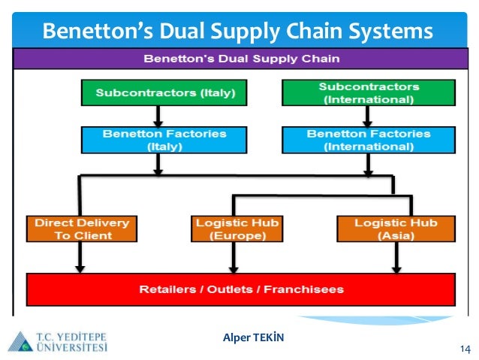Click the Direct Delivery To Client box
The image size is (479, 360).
pyautogui.click(x=82, y=228)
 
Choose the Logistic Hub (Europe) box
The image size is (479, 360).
pyautogui.click(x=236, y=228)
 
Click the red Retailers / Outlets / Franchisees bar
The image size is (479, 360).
pyautogui.click(x=241, y=289)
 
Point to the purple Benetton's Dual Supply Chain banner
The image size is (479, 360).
pyautogui.click(x=241, y=58)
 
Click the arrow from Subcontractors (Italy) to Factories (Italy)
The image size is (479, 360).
pyautogui.click(x=158, y=115)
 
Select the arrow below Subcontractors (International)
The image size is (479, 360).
pyautogui.click(x=367, y=115)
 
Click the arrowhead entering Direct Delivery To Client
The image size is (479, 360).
pyautogui.click(x=79, y=210)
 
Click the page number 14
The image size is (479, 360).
pyautogui.click(x=464, y=349)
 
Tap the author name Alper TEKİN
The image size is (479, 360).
pyautogui.click(x=254, y=337)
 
